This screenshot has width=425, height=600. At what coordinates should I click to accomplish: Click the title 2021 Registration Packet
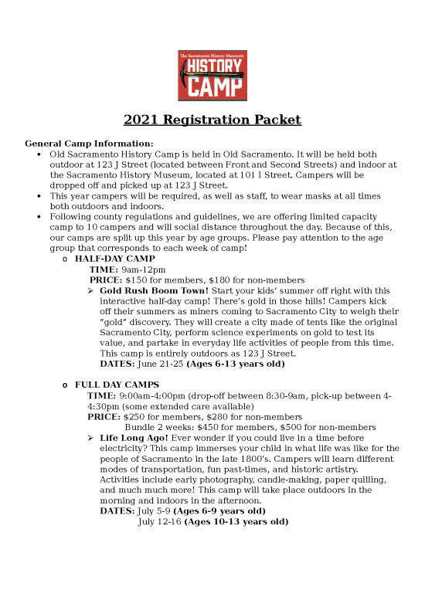pyautogui.click(x=212, y=120)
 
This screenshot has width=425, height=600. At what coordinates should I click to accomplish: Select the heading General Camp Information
pyautogui.click(x=90, y=144)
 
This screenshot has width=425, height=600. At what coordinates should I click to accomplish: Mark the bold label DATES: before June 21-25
pyautogui.click(x=117, y=364)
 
